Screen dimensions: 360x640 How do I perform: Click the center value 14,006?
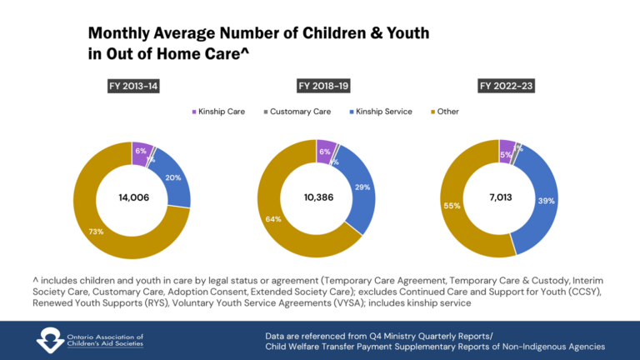pyautogui.click(x=132, y=197)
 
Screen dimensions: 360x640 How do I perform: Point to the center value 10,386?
pyautogui.click(x=317, y=197)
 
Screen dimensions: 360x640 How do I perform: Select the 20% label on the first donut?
pyautogui.click(x=172, y=177)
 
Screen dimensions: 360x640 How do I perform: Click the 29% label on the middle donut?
pyautogui.click(x=362, y=187)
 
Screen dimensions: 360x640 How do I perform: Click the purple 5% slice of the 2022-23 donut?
pyautogui.click(x=507, y=147)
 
